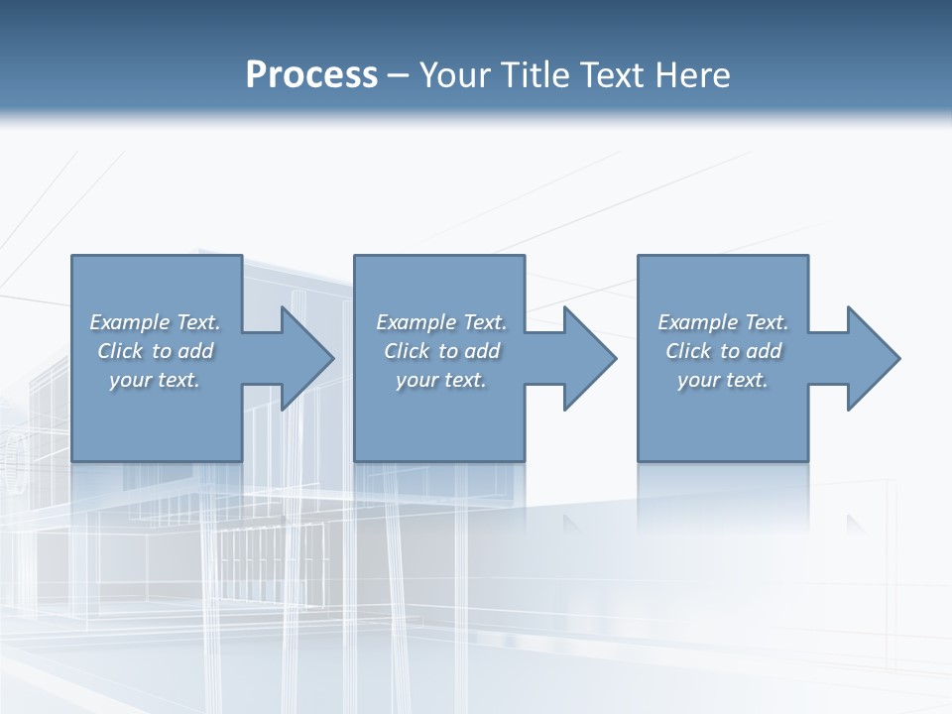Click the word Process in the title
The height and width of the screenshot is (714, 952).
[x=311, y=75]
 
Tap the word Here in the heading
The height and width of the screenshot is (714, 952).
[x=692, y=75]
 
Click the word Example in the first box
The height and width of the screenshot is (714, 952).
[x=129, y=322]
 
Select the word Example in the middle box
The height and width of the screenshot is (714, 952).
[x=416, y=322]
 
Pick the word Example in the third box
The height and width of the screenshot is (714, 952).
[x=697, y=322]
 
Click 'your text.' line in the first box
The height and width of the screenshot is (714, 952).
[x=155, y=380]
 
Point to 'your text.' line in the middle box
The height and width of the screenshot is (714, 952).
[x=441, y=380]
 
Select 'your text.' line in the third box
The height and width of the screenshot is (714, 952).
[x=723, y=380]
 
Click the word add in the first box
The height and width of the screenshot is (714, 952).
[x=195, y=351]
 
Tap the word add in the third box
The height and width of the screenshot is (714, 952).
[x=764, y=351]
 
